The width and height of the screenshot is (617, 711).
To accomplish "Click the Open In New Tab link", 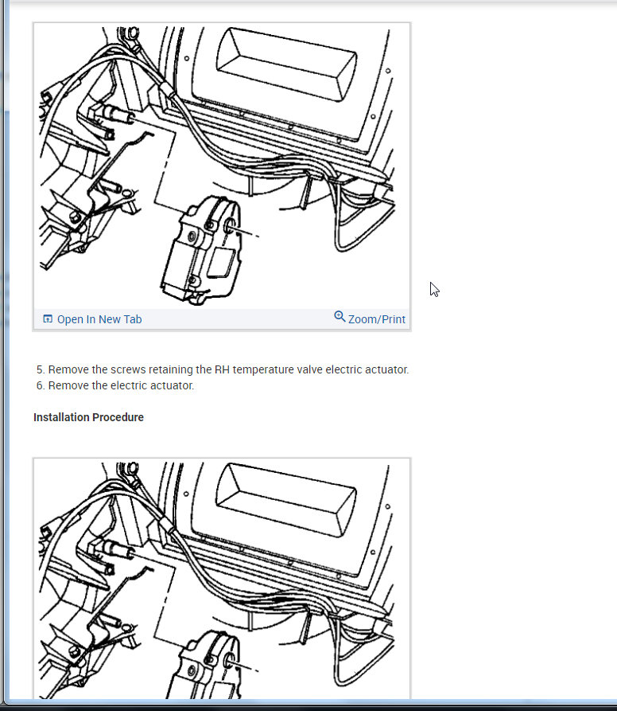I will pos(99,319).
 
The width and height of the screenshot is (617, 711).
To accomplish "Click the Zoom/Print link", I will pos(376,319).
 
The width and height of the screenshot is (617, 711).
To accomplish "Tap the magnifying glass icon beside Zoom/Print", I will pos(340,317).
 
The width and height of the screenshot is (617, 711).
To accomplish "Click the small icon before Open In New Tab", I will pos(48,319).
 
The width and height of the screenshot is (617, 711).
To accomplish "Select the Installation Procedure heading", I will pos(88,417).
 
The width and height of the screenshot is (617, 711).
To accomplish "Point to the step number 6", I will pos(40,385).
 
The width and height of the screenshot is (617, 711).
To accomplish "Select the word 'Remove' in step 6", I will pos(67,385).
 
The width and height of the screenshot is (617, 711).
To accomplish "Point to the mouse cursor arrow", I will pos(434,289).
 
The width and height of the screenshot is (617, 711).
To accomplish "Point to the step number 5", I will pos(40,369).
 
